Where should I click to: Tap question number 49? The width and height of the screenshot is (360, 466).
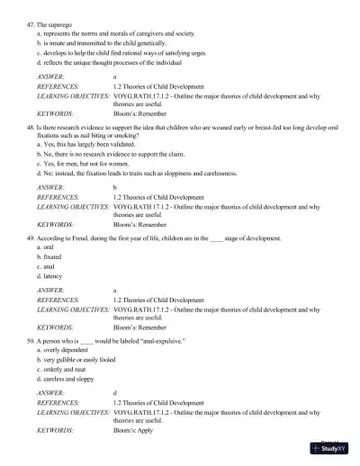(31, 237)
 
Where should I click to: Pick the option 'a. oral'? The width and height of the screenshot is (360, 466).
(45, 246)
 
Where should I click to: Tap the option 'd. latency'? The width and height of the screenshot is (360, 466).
(49, 276)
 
